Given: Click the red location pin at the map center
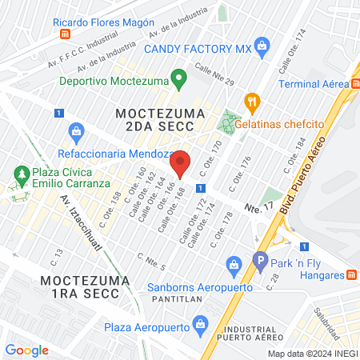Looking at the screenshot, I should (181, 163).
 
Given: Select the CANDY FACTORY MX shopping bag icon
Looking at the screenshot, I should (260, 47).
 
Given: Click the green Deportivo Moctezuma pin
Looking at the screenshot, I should (179, 79).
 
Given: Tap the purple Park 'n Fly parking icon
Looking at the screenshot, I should (259, 260).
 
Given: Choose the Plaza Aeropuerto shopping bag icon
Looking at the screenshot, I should (201, 326).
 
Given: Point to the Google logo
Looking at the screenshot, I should (26, 350).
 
